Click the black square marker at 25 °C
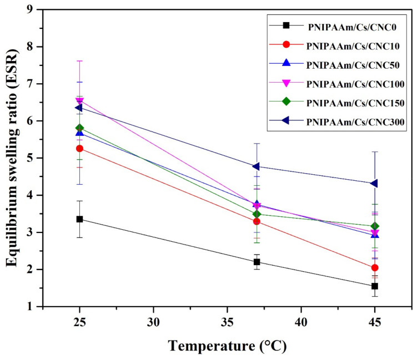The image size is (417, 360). [x=79, y=219]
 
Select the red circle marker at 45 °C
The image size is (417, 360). [x=375, y=267]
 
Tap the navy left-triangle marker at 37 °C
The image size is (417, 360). [x=257, y=166]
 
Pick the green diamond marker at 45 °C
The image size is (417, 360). [x=375, y=226]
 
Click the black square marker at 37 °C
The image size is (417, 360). [x=257, y=262]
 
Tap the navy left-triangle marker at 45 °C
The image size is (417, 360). [x=375, y=183]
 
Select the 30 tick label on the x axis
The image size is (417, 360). [x=153, y=322]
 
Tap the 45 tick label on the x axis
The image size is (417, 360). [x=375, y=322]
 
